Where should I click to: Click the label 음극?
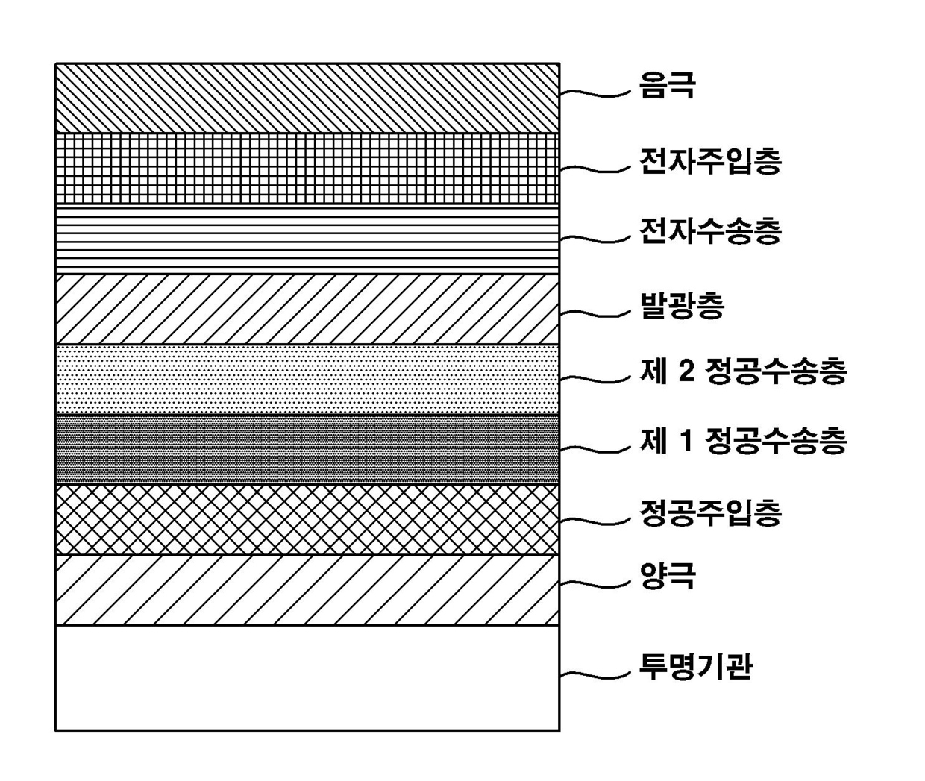[667, 85]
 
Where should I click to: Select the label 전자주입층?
[709, 161]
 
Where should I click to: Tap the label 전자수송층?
[709, 231]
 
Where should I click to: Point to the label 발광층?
[682, 305]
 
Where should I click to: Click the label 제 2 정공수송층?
[743, 371]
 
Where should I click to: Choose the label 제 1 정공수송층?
[743, 441]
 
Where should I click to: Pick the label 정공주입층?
[709, 512]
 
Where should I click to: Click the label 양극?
[667, 576]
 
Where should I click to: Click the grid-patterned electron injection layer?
[307, 169]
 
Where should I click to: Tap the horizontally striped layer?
[307, 239]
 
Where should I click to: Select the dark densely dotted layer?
[307, 449]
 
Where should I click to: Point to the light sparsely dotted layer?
[307, 379]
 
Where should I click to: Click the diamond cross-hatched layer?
[307, 519]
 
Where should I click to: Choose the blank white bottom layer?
[307, 677]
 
